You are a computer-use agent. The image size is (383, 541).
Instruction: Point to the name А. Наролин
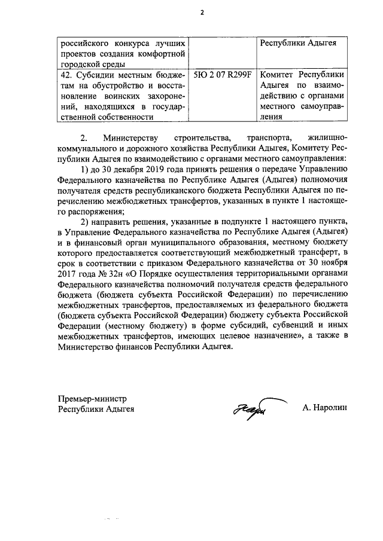pyautogui.click(x=324, y=409)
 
